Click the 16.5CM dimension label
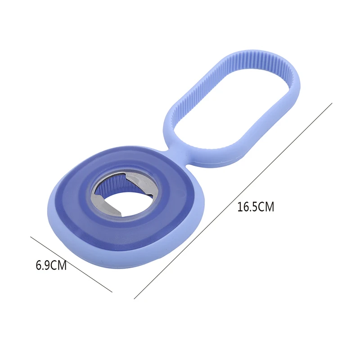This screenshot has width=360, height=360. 256,207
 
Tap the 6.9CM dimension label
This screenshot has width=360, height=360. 51,265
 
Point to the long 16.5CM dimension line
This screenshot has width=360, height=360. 233,201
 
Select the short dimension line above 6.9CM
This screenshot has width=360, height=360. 71,264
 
